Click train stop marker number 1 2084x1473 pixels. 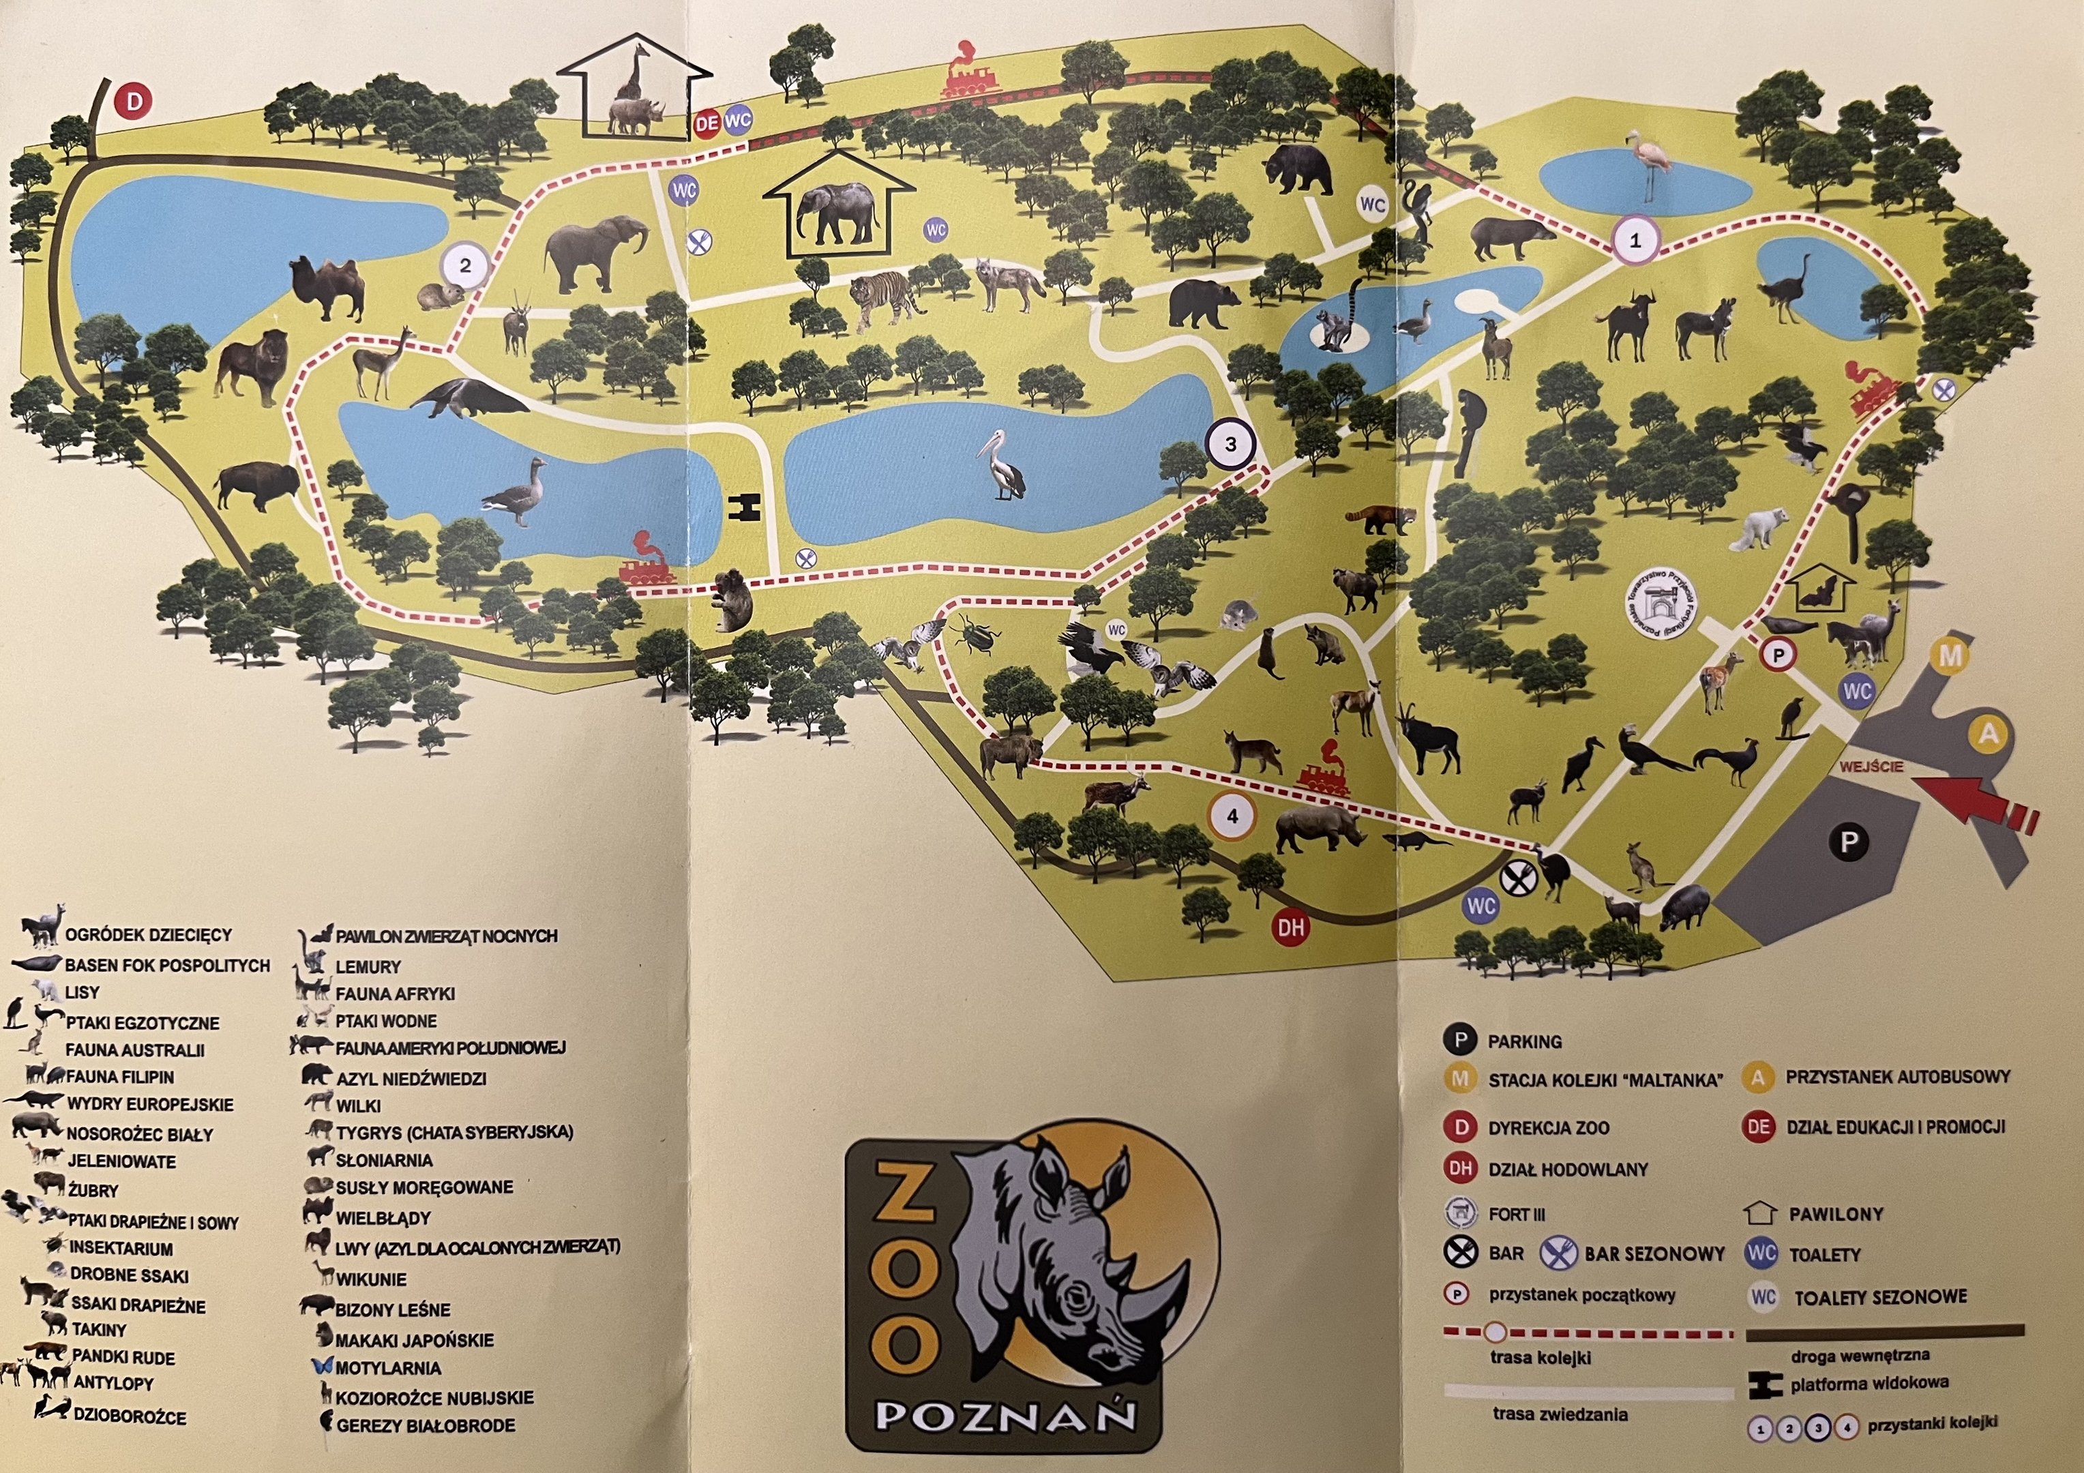[1635, 241]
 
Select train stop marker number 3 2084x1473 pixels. [1230, 445]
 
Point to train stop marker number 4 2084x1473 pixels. [1232, 816]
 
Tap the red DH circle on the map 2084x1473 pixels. [1291, 927]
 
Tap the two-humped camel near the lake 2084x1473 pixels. [327, 288]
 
